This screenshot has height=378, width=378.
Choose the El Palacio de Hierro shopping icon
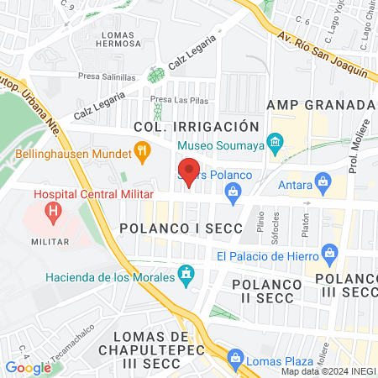pyautogui.click(x=329, y=254)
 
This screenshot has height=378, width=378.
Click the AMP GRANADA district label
pyautogui.click(x=319, y=104)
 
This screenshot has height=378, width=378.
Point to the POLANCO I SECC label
pyautogui.click(x=181, y=228)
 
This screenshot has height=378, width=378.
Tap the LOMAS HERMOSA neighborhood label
pyautogui.click(x=122, y=39)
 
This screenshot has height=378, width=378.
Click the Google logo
pyautogui.click(x=28, y=367)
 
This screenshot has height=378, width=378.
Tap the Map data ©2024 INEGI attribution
pyautogui.click(x=327, y=371)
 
